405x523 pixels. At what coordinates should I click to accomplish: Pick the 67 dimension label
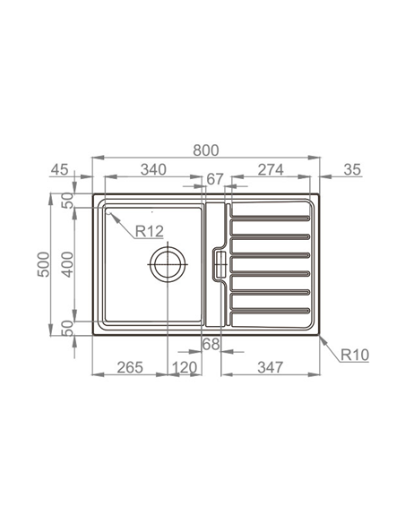[214, 180]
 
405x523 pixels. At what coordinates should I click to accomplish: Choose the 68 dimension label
[211, 344]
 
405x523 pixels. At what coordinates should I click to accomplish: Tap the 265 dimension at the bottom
[129, 368]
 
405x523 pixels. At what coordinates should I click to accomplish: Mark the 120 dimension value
[184, 368]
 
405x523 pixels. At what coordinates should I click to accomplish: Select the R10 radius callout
[353, 356]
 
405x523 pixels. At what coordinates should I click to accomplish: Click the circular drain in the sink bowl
[168, 263]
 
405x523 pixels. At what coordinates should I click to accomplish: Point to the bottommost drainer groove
[269, 311]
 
